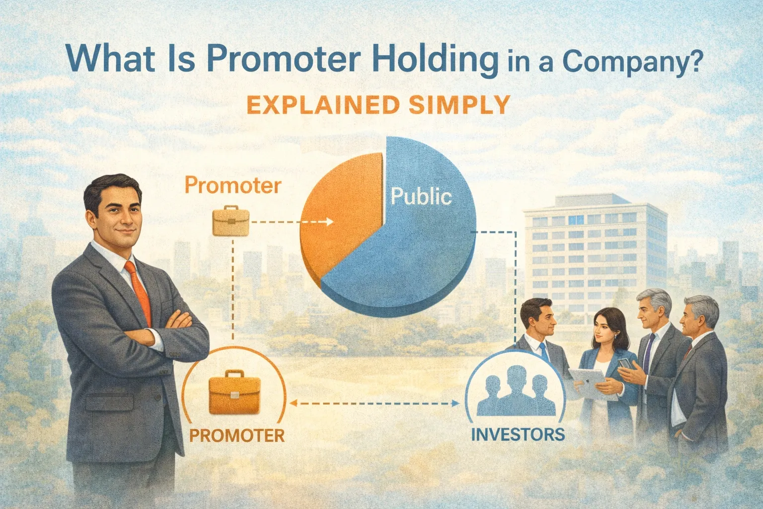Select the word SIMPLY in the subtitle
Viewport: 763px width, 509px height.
coord(461,105)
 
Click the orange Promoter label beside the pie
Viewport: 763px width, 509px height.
coord(232,185)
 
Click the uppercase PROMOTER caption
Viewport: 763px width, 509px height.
coord(237,435)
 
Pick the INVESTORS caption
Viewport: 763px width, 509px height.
coord(517,434)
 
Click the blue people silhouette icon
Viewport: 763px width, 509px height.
coord(516,395)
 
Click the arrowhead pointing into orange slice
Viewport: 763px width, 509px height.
coord(329,222)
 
